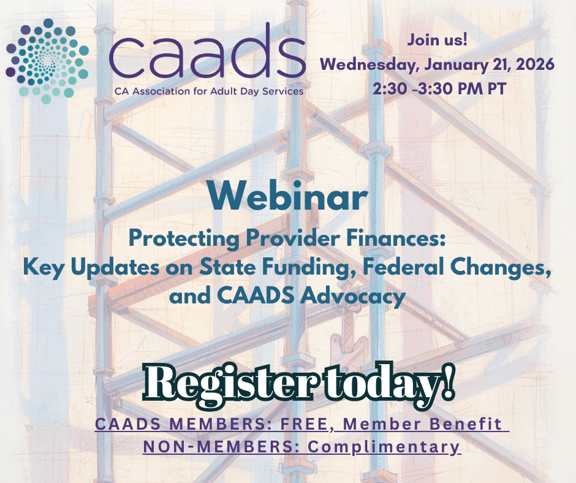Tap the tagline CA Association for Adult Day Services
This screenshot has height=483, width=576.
[x=208, y=91]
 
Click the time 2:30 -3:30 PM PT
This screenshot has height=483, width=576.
[x=439, y=88]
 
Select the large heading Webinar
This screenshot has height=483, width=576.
[x=287, y=197]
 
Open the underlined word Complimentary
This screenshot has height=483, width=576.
[x=384, y=446]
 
